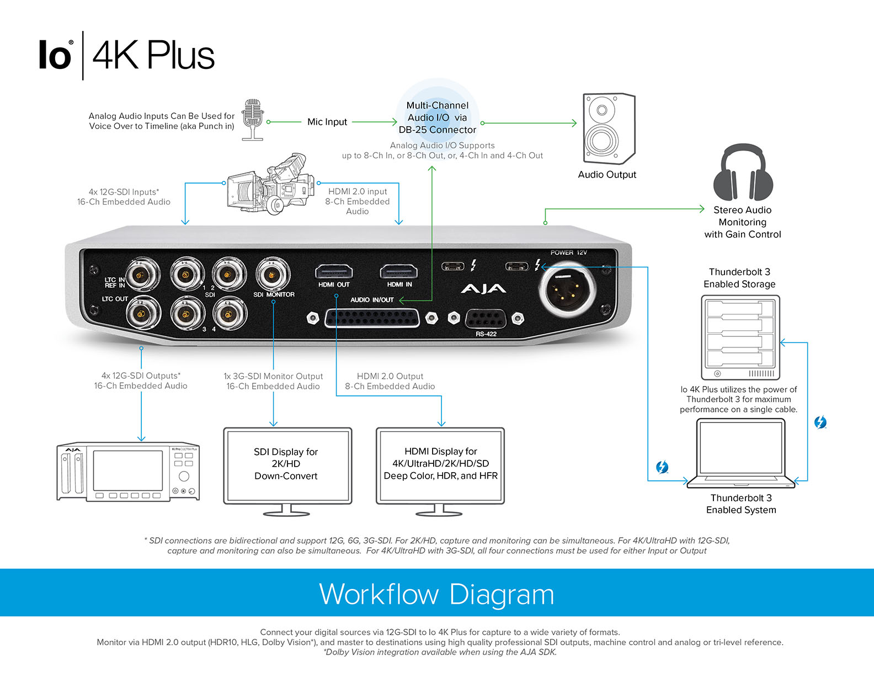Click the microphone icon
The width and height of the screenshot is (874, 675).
(x=253, y=119)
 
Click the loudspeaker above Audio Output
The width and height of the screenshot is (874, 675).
(x=609, y=128)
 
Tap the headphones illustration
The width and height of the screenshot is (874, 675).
(x=743, y=173)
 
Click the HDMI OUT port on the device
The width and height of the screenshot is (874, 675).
(x=334, y=271)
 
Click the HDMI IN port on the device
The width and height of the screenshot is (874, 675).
(x=398, y=271)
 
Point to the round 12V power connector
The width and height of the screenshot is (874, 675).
(x=567, y=290)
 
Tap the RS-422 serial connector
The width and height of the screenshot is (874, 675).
(x=486, y=319)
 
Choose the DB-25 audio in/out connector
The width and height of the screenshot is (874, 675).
(x=372, y=318)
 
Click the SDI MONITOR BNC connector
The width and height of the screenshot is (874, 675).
(x=273, y=274)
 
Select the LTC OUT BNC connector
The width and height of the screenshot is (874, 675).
(x=142, y=314)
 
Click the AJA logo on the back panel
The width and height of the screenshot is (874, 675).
(x=483, y=289)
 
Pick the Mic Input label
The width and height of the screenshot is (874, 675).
(x=327, y=122)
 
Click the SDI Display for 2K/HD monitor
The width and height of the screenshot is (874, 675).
(x=287, y=466)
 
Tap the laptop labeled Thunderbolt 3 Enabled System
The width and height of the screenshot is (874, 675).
(x=740, y=453)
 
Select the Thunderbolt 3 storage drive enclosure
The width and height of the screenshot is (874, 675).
(x=740, y=337)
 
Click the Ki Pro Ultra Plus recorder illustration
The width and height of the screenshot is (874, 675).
(x=128, y=472)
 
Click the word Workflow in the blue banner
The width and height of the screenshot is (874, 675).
(x=379, y=594)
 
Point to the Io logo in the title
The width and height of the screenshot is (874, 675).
(x=55, y=56)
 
